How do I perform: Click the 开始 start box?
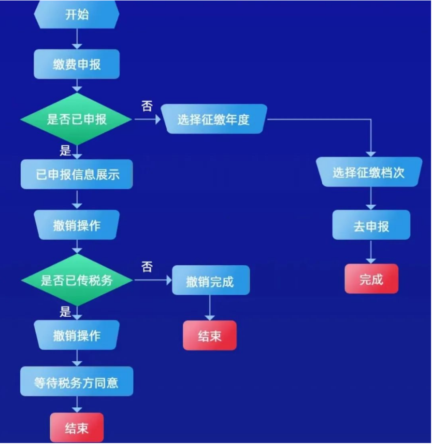coord(76,15)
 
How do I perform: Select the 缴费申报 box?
coord(76,64)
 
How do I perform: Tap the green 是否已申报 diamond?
coord(76,119)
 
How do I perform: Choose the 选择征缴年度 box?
coord(214,119)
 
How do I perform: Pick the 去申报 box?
coord(371,225)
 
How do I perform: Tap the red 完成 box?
coord(371,279)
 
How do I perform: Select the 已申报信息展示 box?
coord(76,174)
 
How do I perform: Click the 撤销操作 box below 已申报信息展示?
coord(76,225)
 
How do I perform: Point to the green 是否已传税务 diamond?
coord(76,280)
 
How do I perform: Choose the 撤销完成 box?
coord(210,280)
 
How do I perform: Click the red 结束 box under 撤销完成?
coord(210,335)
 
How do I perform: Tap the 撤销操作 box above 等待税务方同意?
coord(76,335)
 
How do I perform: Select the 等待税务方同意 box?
coord(76,382)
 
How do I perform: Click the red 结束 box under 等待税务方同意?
coord(76,428)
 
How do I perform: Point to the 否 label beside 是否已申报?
coord(146,106)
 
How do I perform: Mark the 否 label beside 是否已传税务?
coord(146,266)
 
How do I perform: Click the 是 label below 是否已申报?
coord(65,151)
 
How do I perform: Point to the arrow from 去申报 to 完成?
coord(371,252)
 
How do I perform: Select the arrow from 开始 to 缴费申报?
coord(76,39)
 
